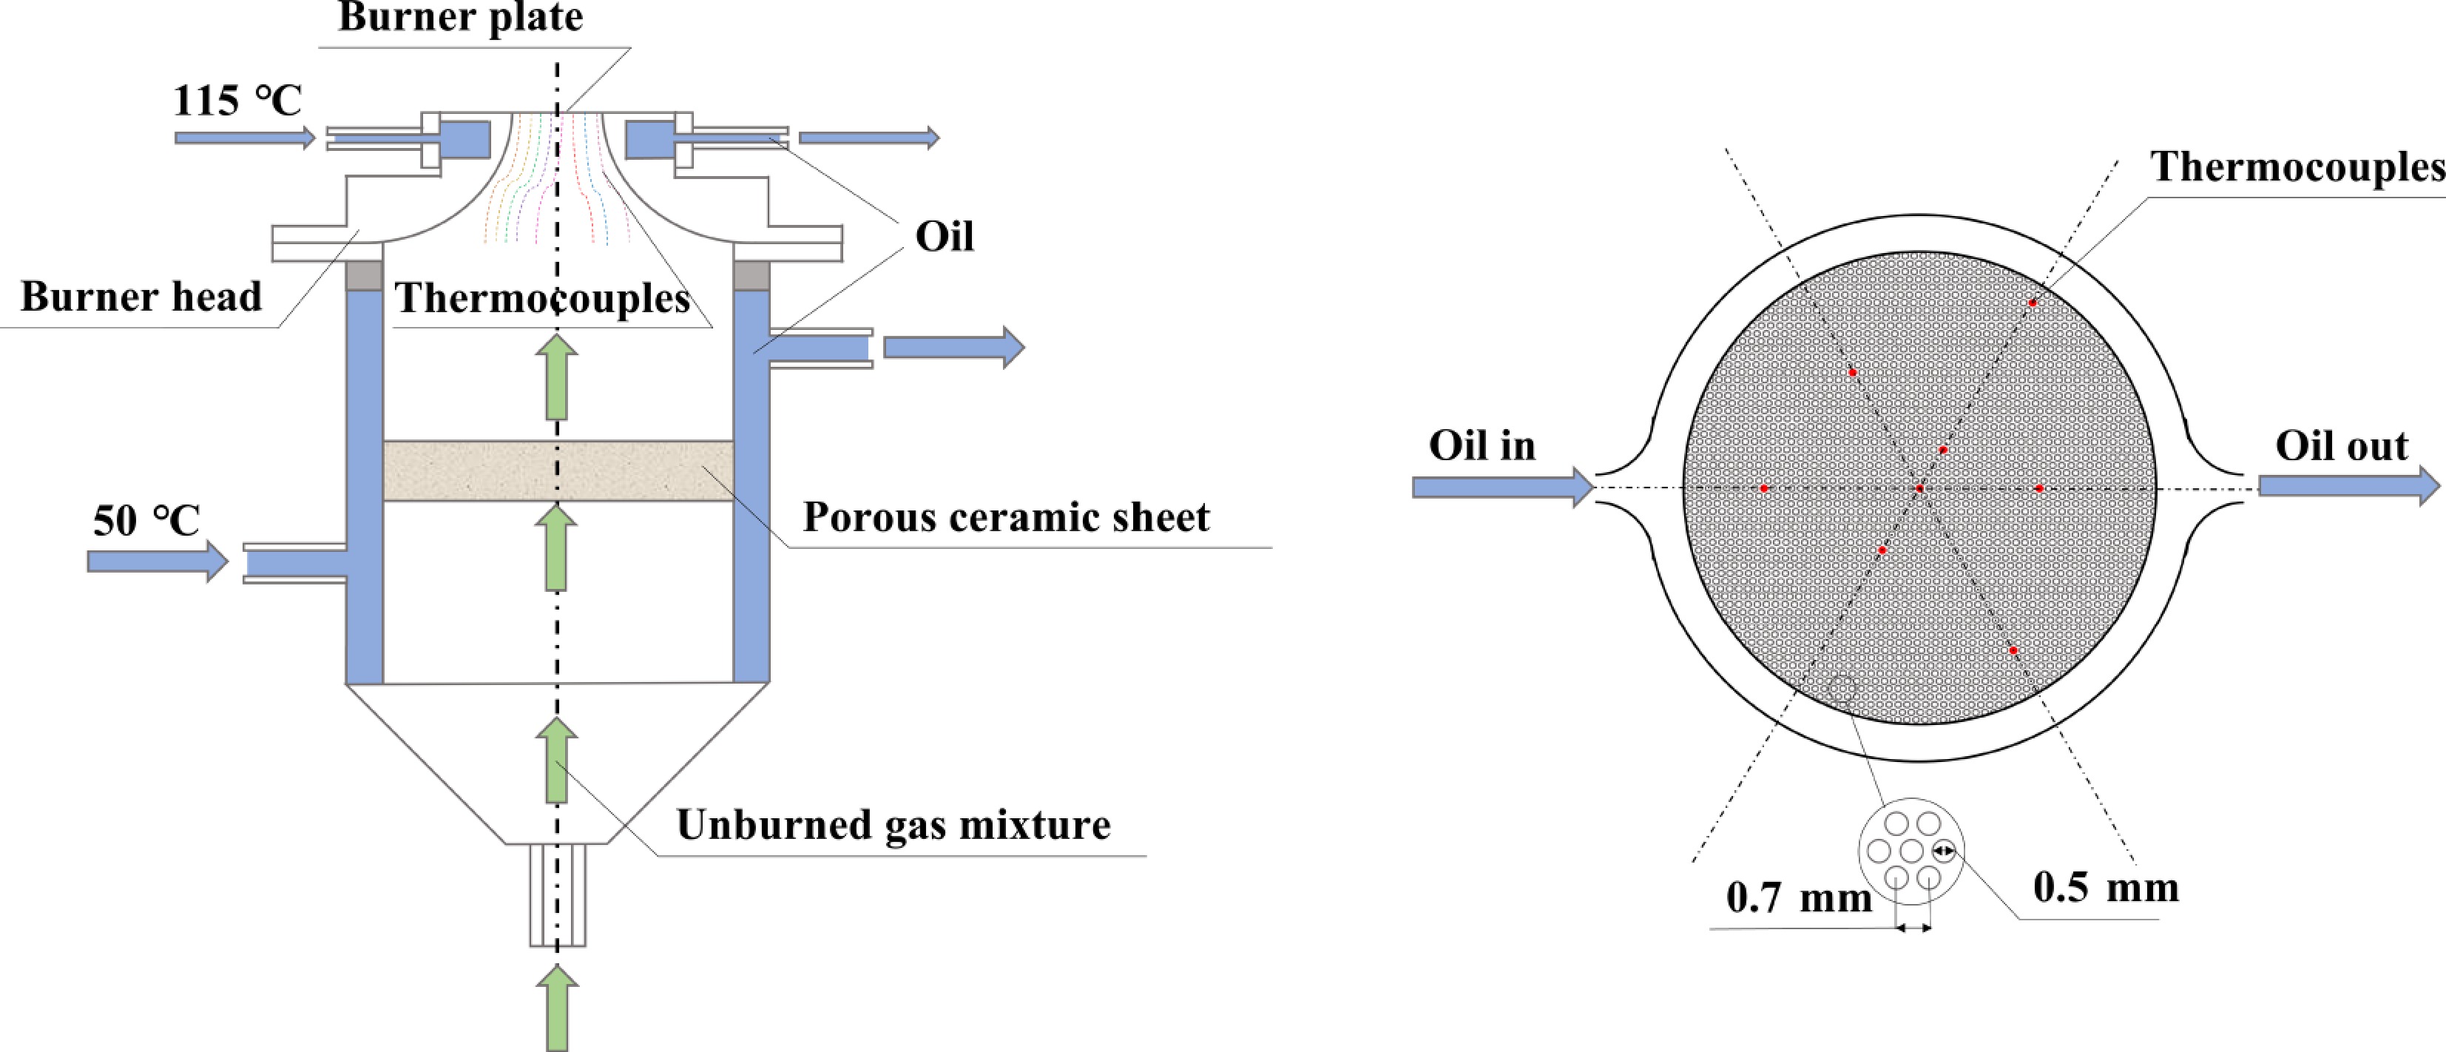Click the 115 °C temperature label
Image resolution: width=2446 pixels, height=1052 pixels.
[237, 101]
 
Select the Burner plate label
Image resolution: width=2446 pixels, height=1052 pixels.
[461, 17]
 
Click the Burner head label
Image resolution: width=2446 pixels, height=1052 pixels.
[141, 297]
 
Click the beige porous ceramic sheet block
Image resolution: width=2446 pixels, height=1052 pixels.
[558, 471]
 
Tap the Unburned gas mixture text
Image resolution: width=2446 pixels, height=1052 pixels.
[893, 825]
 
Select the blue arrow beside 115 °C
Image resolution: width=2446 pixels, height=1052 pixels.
[244, 138]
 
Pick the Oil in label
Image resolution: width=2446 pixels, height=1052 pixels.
[1482, 446]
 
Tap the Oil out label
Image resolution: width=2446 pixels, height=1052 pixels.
[2342, 446]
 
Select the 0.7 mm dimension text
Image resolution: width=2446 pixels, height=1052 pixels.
[1798, 898]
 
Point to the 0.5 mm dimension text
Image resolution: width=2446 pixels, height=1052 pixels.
[2106, 889]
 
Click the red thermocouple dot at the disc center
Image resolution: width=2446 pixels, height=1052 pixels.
[1919, 489]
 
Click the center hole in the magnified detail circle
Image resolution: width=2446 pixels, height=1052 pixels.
[1911, 851]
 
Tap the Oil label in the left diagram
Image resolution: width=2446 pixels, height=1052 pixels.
[944, 237]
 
